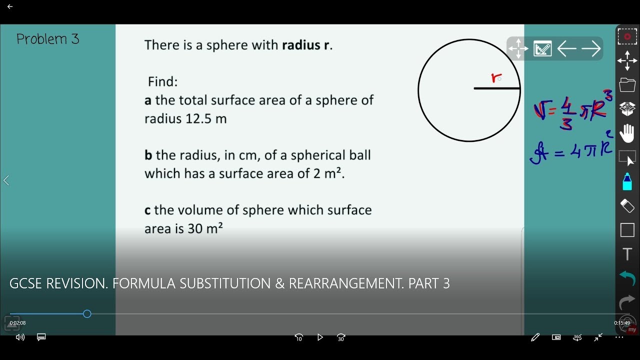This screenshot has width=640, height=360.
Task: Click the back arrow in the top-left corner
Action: pos(10,6)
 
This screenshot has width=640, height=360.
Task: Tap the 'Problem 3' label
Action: pos(47,39)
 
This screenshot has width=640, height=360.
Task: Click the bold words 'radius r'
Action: pos(307,45)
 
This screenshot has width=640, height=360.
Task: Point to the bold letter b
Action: pos(148,155)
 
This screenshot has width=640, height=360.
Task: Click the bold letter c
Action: pos(147,210)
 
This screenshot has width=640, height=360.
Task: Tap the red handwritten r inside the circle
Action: pos(495,78)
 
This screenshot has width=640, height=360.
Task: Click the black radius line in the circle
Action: pos(497,88)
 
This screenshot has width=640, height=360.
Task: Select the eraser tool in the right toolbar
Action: pos(627,205)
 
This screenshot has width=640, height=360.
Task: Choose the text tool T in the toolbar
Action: pos(627,254)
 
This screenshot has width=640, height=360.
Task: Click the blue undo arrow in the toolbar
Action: pos(627,278)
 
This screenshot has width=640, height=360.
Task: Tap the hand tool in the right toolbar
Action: pos(627,133)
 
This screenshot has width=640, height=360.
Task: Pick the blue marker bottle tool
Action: pos(627,181)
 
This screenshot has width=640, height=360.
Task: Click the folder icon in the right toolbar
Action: pos(627,85)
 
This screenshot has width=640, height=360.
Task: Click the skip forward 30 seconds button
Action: pos(341,337)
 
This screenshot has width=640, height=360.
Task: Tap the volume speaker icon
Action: pos(20,337)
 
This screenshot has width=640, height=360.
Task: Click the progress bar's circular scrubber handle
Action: pos(87,314)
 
